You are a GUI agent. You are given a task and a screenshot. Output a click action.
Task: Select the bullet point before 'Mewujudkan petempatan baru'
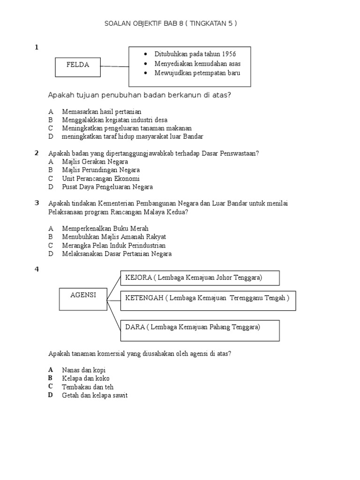147,73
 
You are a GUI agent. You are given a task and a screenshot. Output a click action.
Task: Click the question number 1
36,47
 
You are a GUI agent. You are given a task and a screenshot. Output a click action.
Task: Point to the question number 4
36,269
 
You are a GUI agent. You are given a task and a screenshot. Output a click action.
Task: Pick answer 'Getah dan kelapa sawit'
94,396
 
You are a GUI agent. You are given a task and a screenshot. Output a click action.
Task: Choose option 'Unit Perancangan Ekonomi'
100,179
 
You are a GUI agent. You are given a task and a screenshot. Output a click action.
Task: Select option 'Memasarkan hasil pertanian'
101,112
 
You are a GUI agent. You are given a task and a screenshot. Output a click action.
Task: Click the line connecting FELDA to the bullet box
114,66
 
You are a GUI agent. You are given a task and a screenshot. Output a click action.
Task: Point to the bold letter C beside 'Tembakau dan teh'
50,387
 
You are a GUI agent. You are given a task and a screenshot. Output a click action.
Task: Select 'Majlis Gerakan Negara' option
95,162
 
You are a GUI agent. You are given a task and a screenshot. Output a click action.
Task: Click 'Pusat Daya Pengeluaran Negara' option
107,187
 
